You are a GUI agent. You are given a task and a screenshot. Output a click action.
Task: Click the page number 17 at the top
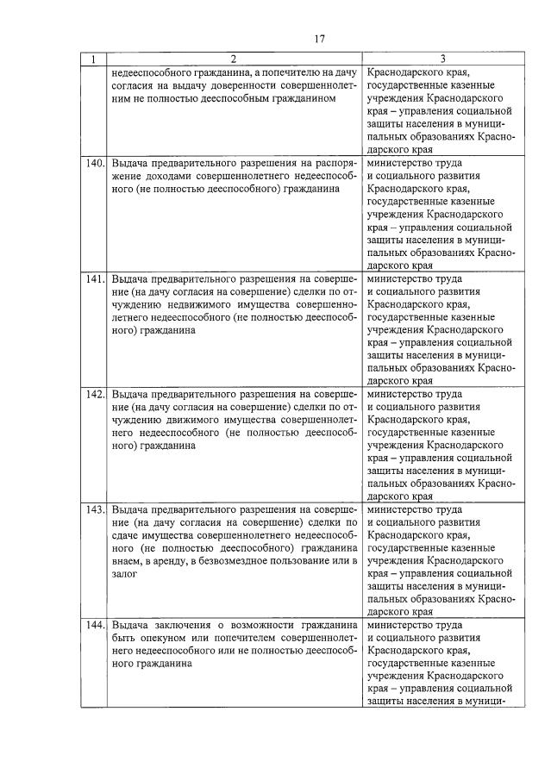click(319, 38)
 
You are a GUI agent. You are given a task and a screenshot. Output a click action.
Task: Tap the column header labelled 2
click(233, 60)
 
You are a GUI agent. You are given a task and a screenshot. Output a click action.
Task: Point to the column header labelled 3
click(442, 60)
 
